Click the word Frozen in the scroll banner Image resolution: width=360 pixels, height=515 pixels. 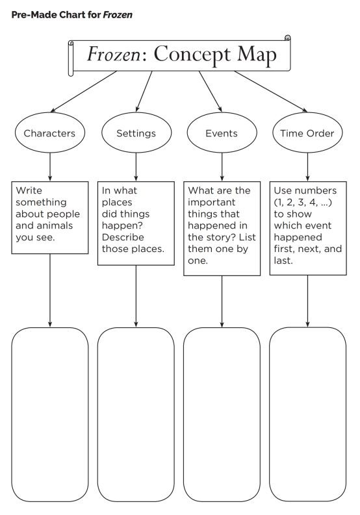coord(114,54)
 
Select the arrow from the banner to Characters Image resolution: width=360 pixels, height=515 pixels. coord(84,92)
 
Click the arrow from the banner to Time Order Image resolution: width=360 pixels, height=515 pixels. coord(271,92)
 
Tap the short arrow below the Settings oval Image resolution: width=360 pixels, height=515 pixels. coord(136,167)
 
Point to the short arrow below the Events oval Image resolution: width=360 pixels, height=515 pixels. coord(222,167)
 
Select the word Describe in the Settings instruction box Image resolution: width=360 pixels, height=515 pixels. coord(123,237)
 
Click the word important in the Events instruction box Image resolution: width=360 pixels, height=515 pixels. coord(211,203)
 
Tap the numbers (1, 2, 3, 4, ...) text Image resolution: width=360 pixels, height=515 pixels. coord(303,203)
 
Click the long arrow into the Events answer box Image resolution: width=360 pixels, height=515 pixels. coord(222,301)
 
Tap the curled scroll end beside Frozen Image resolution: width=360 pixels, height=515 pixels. coord(71,58)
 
